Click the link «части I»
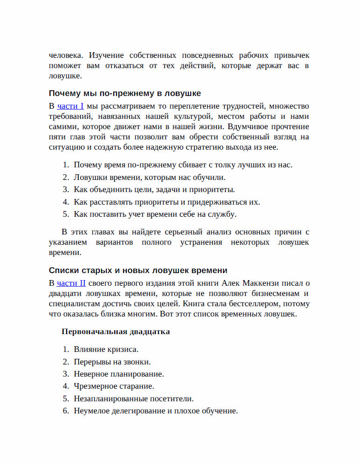tap(70, 106)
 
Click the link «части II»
tap(71, 283)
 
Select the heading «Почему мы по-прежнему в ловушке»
tap(125, 93)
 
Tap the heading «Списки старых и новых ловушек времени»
tap(138, 270)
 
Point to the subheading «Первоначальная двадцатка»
tap(115, 332)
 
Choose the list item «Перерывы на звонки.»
tap(112, 362)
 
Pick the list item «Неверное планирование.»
tap(118, 374)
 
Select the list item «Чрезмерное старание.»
tap(114, 386)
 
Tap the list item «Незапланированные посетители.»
tap(133, 399)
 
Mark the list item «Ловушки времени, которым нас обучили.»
tap(149, 177)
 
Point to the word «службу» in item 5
tap(223, 214)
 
